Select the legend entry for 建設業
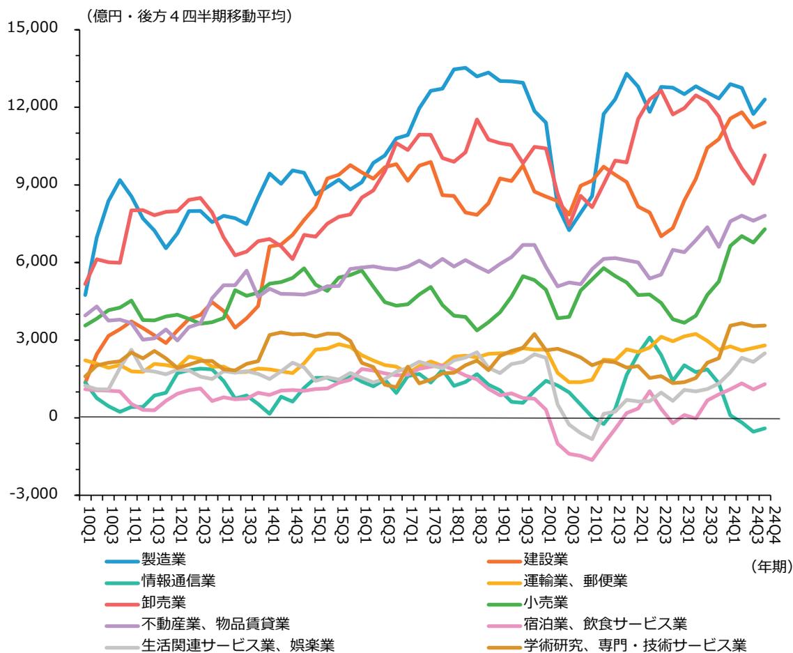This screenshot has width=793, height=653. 546,559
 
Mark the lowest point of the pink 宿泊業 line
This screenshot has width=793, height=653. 592,460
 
